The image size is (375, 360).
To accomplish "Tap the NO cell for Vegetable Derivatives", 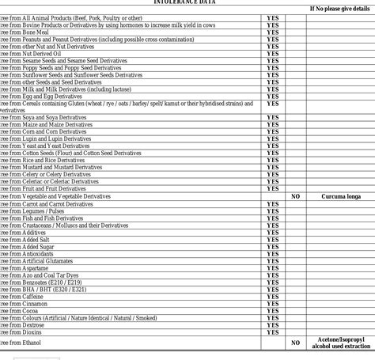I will pyautogui.click(x=295, y=196).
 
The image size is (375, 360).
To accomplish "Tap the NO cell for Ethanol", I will pyautogui.click(x=295, y=343).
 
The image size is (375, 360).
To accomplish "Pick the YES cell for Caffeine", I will pyautogui.click(x=272, y=297).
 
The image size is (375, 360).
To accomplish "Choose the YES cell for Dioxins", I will pyautogui.click(x=272, y=332).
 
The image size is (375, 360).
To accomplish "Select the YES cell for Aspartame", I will pyautogui.click(x=272, y=268).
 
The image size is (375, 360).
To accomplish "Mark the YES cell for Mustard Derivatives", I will pyautogui.click(x=272, y=167).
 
